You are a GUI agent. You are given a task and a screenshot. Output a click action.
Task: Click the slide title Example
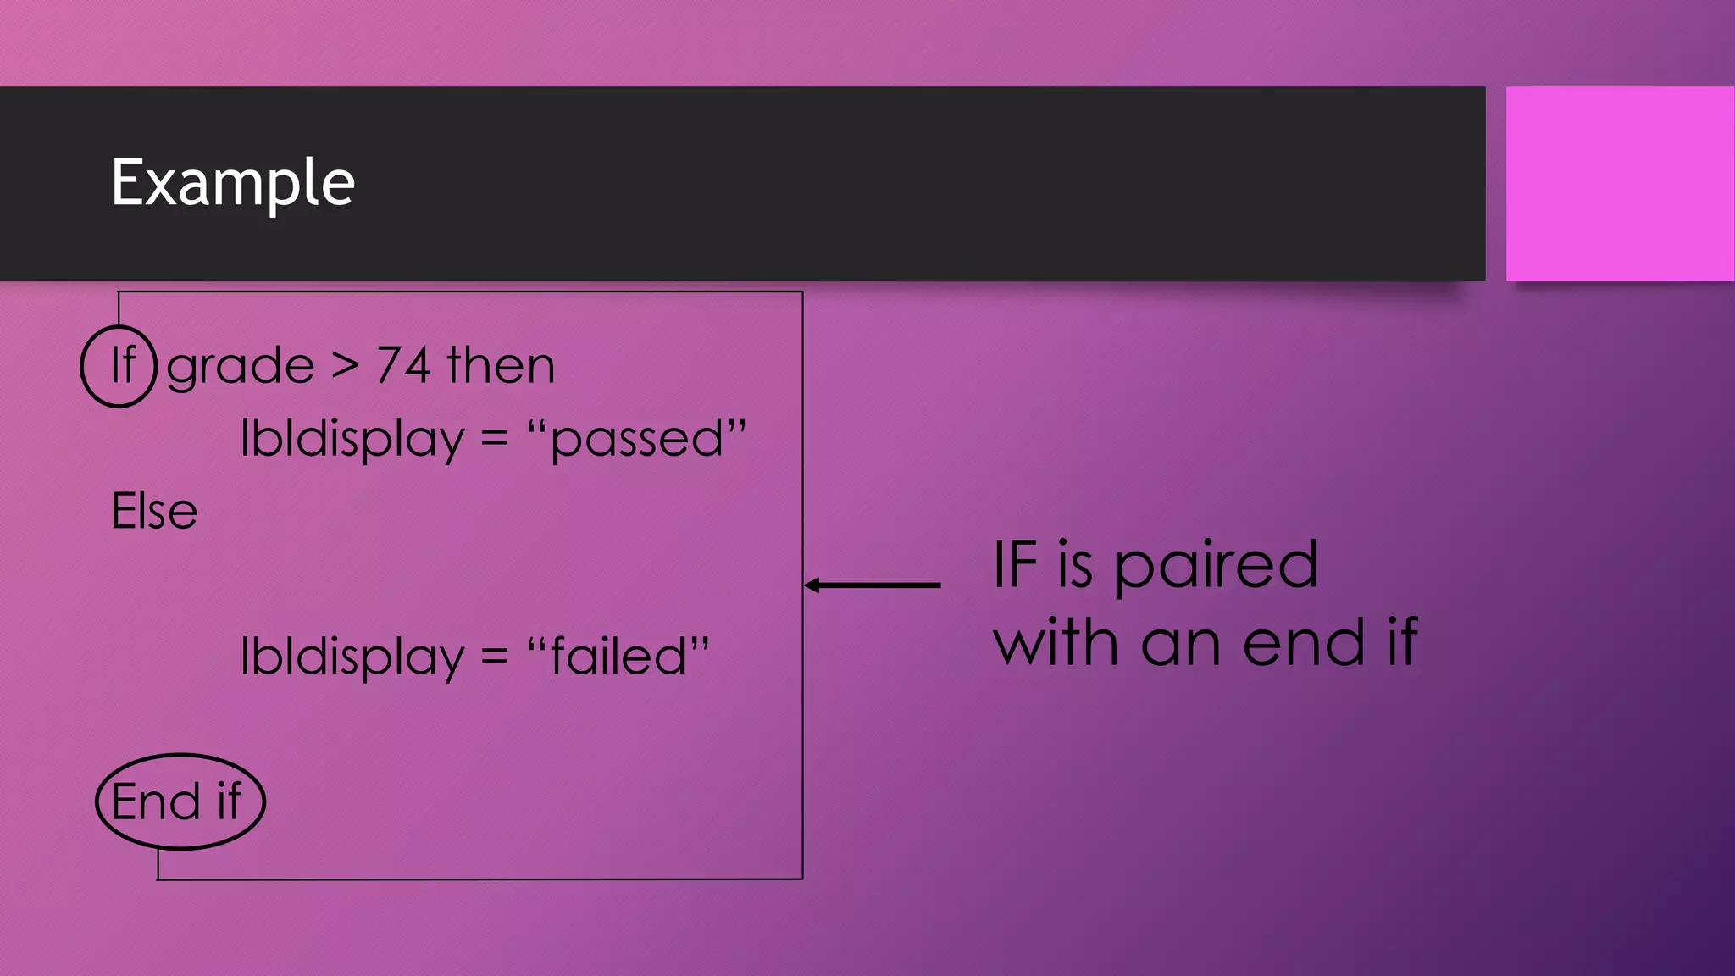point(233,183)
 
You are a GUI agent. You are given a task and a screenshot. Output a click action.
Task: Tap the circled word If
point(122,366)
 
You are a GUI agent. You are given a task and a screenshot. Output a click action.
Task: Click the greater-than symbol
point(345,366)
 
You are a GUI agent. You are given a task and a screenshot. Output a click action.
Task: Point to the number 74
point(403,366)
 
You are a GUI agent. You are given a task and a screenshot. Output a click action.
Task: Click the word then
point(501,366)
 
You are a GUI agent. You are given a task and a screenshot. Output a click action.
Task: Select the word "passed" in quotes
point(636,439)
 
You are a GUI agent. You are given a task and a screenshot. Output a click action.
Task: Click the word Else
point(154,512)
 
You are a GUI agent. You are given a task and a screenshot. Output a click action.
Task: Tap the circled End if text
point(178,801)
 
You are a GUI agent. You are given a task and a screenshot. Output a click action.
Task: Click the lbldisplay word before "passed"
point(352,439)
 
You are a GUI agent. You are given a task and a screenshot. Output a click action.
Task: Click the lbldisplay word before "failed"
point(352,657)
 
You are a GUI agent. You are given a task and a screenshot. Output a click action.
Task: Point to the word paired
point(1216,566)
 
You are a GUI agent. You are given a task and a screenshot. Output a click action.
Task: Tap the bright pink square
point(1620,183)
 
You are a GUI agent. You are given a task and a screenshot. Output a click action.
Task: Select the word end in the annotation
point(1304,643)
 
